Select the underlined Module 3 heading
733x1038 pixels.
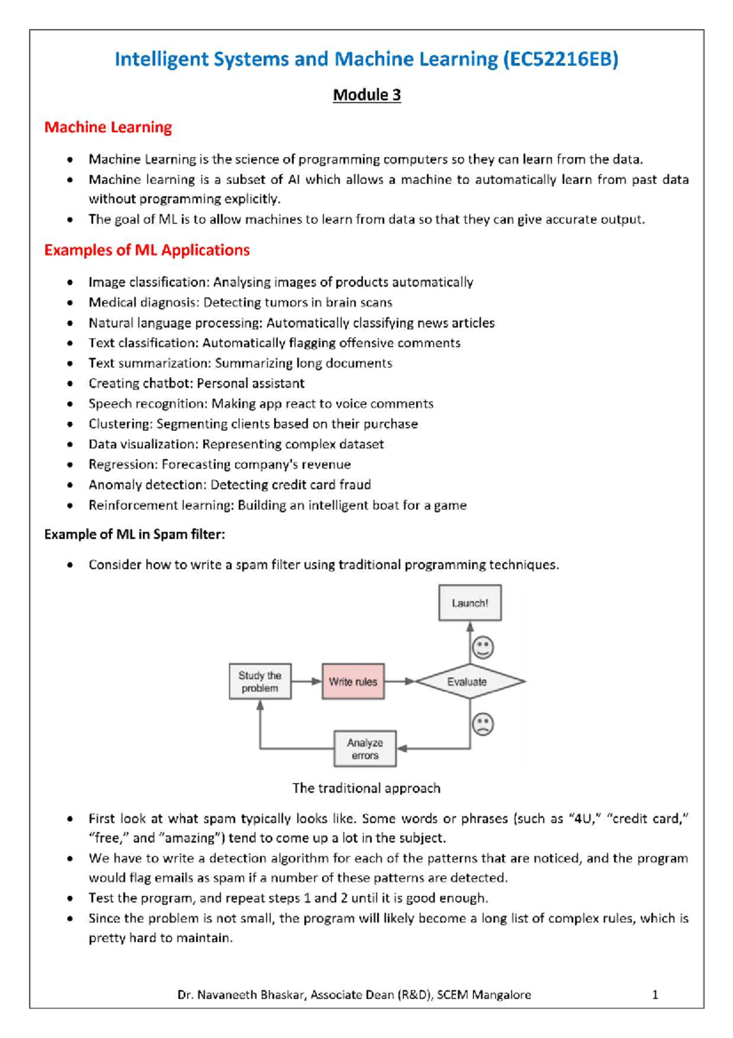(366, 95)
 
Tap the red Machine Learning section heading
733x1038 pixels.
(108, 127)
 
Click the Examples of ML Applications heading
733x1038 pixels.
(147, 250)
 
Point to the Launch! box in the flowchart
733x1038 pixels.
(470, 603)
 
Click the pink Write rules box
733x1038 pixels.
(353, 682)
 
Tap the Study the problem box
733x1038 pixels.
(260, 682)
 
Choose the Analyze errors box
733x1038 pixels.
(365, 749)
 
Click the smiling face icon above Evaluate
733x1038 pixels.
(483, 648)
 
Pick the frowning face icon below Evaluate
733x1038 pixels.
(483, 724)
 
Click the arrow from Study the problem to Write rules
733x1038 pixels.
(307, 682)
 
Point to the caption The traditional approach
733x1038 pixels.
(366, 788)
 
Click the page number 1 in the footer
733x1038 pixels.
(655, 995)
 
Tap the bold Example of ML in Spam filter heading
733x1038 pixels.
(134, 534)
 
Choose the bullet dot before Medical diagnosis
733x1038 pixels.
(71, 303)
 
